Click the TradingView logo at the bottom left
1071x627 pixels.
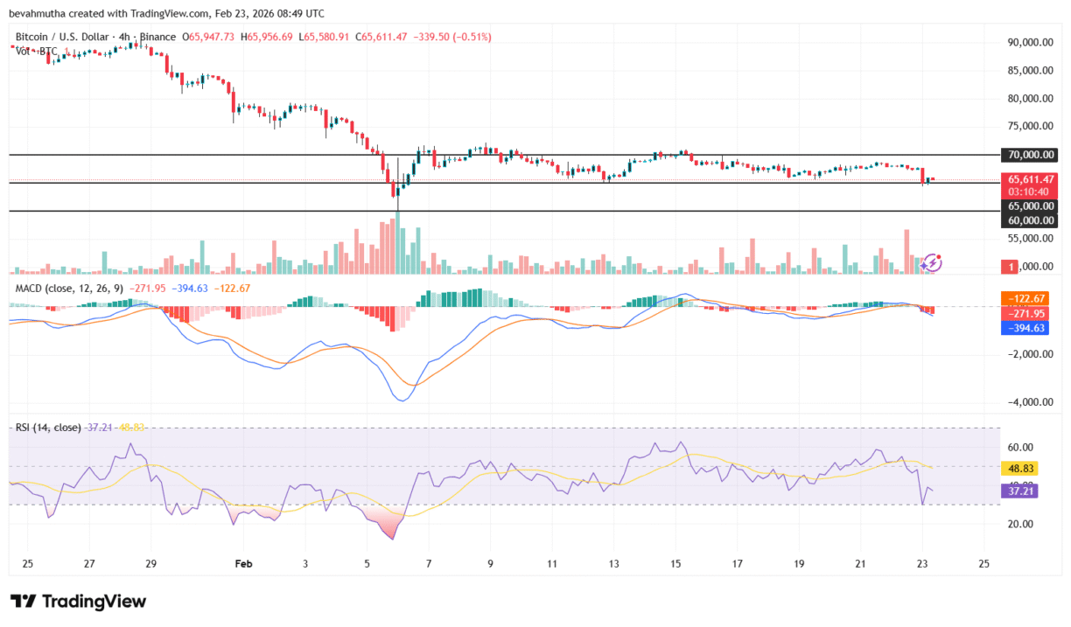tap(78, 601)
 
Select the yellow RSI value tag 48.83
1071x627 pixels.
tap(1018, 469)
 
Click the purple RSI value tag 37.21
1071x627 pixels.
tap(1018, 492)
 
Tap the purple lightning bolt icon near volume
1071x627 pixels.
tap(932, 261)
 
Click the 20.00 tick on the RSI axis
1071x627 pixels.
tap(1020, 524)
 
